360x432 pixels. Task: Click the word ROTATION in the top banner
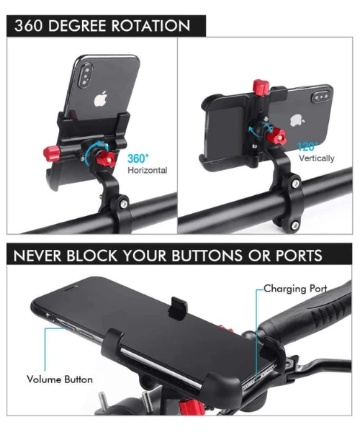(x=148, y=26)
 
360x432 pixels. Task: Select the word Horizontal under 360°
(x=147, y=171)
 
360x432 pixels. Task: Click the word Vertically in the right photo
(x=316, y=158)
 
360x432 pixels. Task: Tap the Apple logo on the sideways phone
(x=295, y=120)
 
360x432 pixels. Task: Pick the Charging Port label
(x=295, y=289)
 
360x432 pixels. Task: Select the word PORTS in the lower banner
(x=294, y=256)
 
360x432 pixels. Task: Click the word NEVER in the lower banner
(x=42, y=256)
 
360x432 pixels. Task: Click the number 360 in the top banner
(x=31, y=26)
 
